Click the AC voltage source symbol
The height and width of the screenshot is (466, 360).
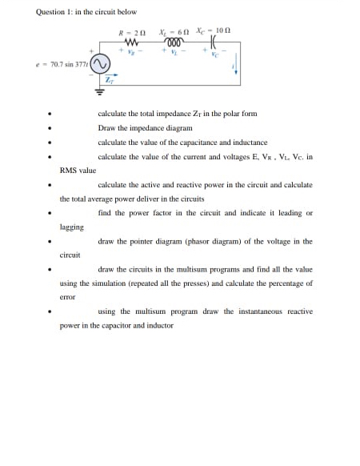pyautogui.click(x=100, y=65)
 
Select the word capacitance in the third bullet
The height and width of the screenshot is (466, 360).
pyautogui.click(x=189, y=141)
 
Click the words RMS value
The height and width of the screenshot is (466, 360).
pyautogui.click(x=78, y=170)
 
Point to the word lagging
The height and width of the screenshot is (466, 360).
pyautogui.click(x=71, y=227)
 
